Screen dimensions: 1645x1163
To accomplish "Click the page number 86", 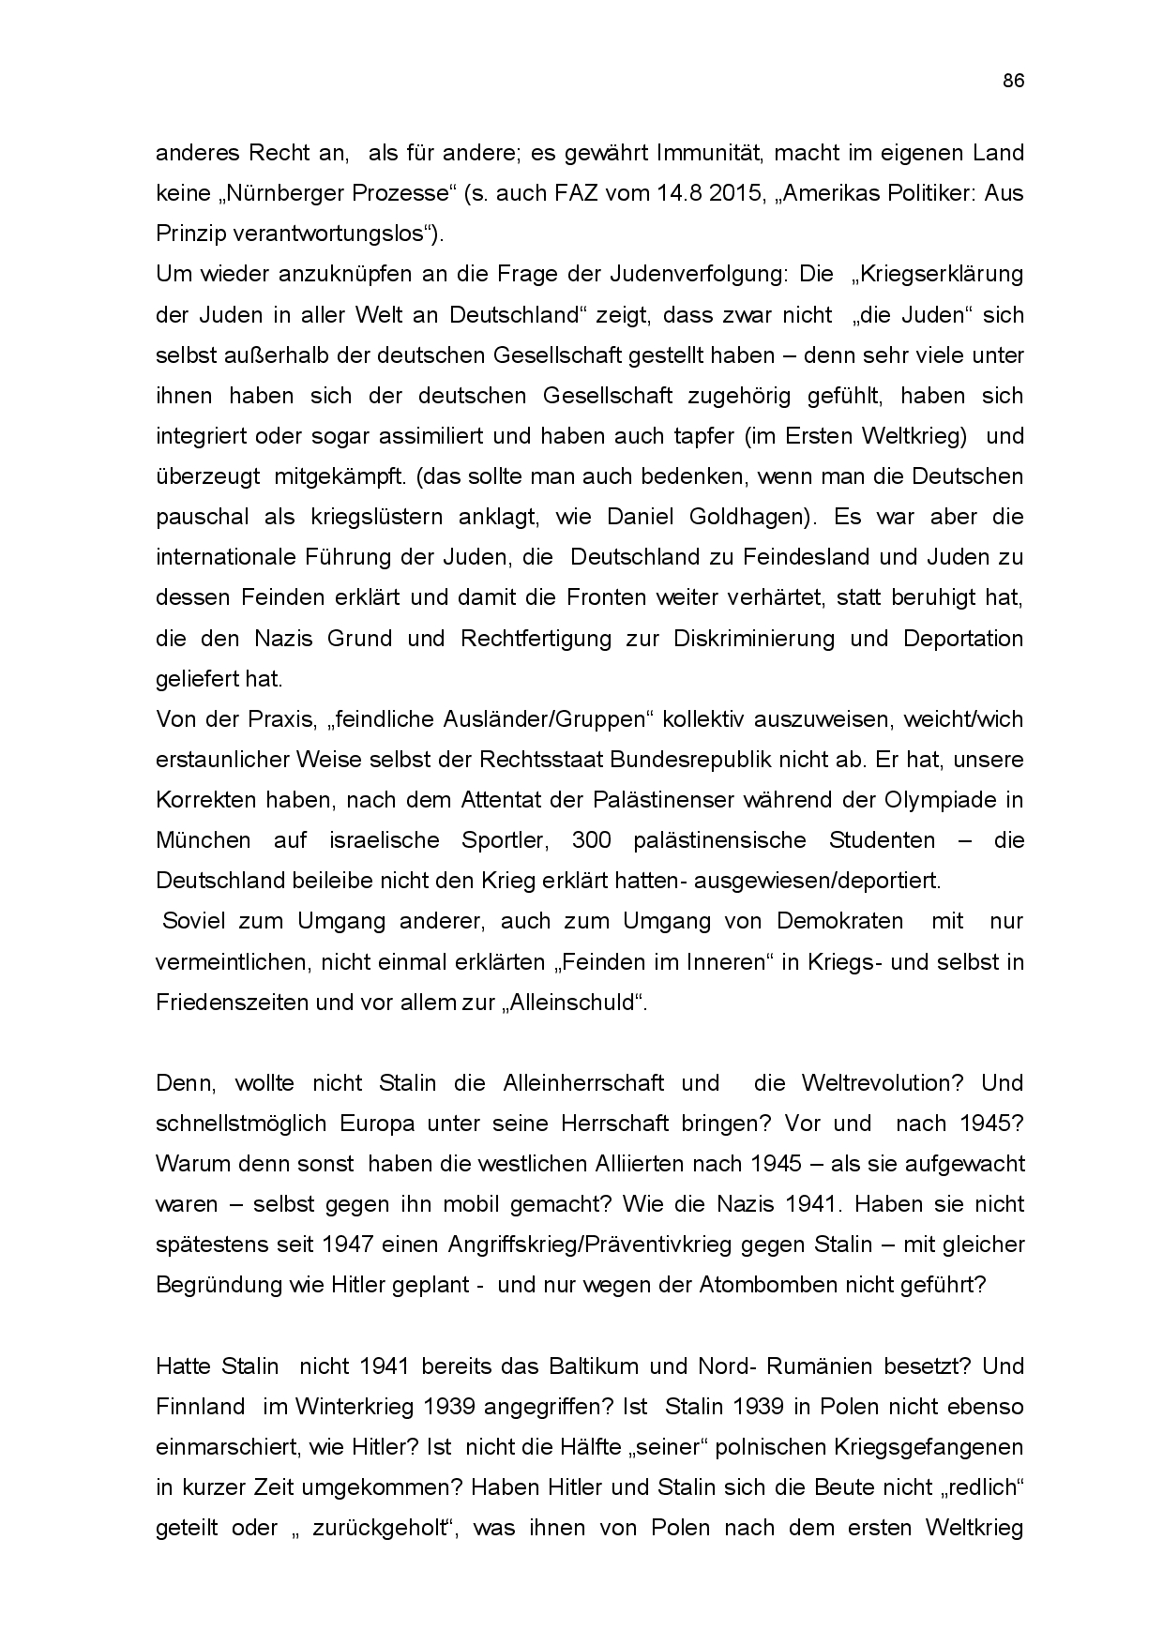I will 1013,81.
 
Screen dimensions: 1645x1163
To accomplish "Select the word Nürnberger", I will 291,193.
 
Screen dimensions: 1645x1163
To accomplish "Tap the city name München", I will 204,839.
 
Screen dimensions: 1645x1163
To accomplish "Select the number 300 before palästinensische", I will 591,839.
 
